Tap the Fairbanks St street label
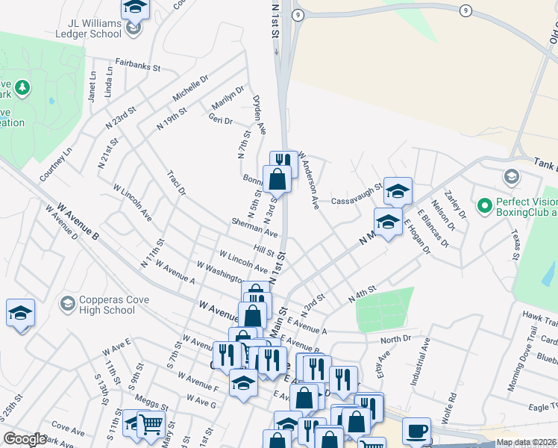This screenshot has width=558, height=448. [137, 66]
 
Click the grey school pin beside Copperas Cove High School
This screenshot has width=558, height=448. [68, 303]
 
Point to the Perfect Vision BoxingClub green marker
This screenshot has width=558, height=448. [483, 204]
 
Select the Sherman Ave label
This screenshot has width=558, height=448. [254, 228]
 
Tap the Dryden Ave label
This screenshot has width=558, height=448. [259, 114]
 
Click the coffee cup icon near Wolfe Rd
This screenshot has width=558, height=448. [417, 431]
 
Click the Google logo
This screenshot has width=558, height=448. [25, 439]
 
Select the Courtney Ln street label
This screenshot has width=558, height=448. [57, 164]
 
